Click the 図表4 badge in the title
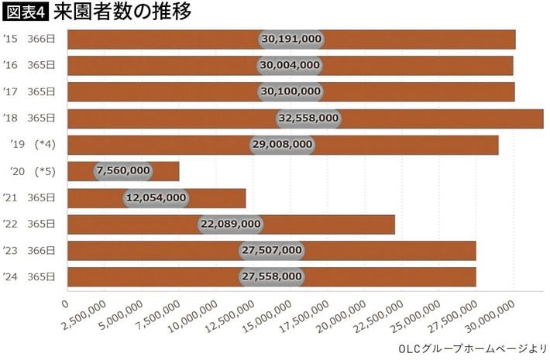click(26, 12)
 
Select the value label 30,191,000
click(291, 39)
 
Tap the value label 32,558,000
click(308, 118)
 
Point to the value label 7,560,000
click(123, 171)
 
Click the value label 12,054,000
click(155, 197)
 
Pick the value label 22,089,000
click(230, 224)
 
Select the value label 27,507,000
click(271, 250)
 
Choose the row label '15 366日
click(29, 39)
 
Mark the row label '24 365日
click(29, 276)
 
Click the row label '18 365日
click(29, 118)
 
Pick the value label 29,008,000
click(282, 145)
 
